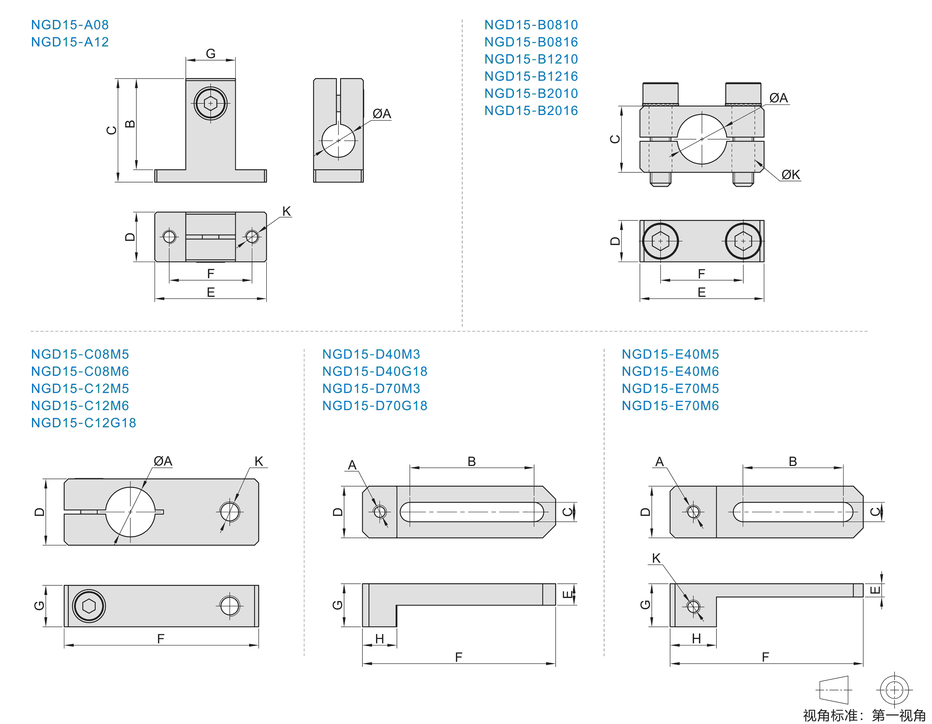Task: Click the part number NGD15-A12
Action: point(70,42)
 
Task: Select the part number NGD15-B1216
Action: point(531,76)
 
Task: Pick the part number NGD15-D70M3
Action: point(371,388)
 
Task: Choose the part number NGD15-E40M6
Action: point(670,371)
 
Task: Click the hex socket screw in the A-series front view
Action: point(210,103)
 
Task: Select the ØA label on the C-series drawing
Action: point(163,461)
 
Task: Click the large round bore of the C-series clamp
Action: point(130,512)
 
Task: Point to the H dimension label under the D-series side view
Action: point(379,639)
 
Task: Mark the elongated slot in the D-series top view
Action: point(472,512)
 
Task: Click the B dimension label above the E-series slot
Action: point(793,461)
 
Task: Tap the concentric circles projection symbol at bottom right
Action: point(894,690)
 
